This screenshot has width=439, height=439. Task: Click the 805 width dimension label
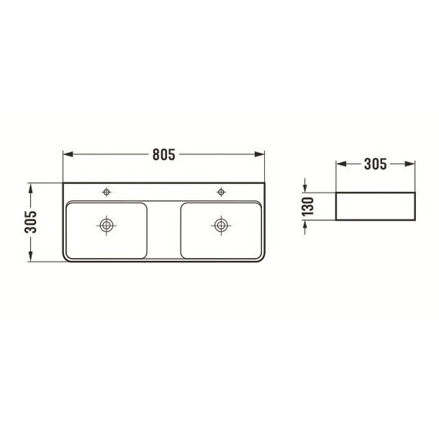[x=164, y=154]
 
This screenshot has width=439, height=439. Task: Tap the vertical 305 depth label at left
[x=31, y=222]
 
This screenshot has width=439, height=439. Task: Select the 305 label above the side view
[x=375, y=164]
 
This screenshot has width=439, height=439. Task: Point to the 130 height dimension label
[x=308, y=206]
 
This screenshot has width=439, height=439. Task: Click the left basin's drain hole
[x=106, y=225]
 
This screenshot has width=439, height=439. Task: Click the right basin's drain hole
[x=221, y=225]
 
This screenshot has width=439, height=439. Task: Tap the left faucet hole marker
[x=106, y=192]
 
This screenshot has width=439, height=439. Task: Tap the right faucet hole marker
[x=221, y=192]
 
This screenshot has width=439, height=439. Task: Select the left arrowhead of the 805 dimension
[x=69, y=154]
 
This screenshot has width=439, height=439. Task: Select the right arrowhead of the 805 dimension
[x=260, y=154]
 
